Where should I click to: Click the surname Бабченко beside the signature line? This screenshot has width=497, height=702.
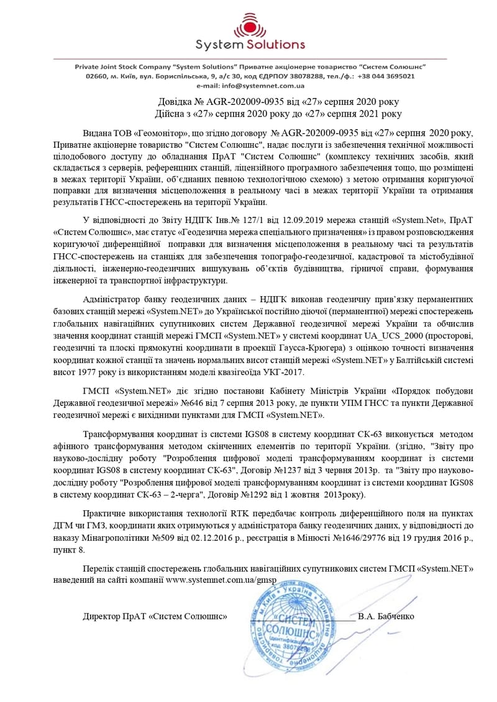tap(395, 616)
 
